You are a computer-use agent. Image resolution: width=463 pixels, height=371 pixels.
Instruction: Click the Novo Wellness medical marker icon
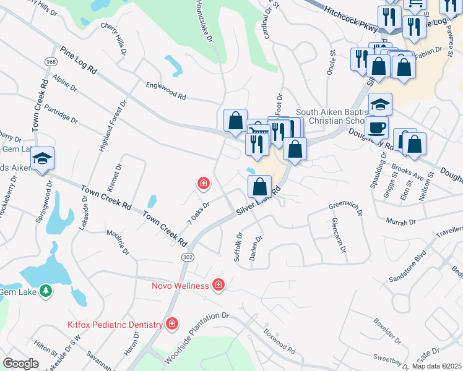tap(218, 285)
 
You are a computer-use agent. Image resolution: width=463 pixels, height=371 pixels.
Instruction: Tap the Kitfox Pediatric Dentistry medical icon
tap(172, 324)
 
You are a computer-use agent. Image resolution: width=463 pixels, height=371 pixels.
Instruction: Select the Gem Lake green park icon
tap(45, 291)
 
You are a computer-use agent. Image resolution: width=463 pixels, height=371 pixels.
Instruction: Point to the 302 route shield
tap(187, 256)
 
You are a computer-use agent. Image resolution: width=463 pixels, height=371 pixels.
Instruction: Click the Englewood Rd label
tap(165, 92)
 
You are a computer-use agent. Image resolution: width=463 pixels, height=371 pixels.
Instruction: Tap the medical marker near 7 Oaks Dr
tap(202, 183)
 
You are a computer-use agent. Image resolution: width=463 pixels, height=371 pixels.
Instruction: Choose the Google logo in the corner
tap(20, 364)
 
